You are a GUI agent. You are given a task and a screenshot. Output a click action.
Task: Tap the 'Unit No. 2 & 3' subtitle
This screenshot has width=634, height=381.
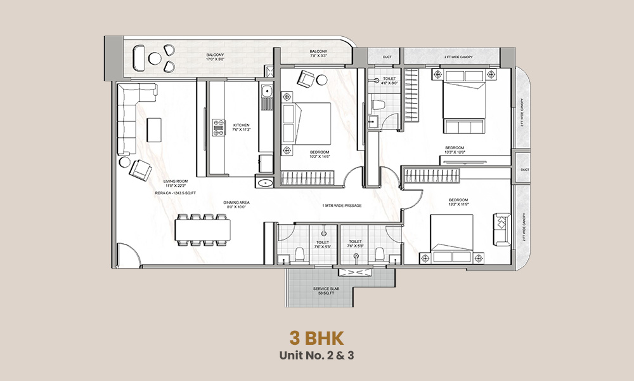pos(316,354)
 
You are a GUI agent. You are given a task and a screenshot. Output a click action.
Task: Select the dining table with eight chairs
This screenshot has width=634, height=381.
pos(204,229)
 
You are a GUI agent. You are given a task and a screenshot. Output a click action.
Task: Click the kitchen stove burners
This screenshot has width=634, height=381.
pos(218,128)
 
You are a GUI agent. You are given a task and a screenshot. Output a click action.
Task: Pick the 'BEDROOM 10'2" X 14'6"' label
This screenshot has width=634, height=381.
pos(320,154)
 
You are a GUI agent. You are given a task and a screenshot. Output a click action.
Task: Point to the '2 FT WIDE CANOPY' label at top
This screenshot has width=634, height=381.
pos(451,57)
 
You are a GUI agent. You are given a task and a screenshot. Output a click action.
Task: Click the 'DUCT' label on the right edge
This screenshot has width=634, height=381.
pos(524,170)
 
